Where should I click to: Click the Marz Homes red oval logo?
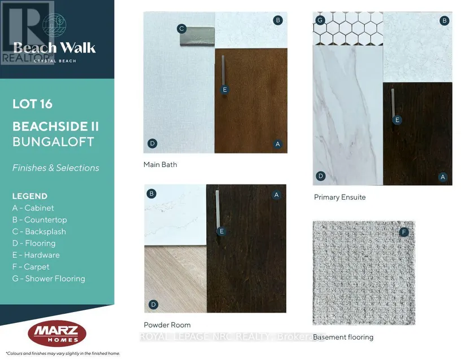click(57, 333)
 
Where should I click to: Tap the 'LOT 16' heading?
click(32, 104)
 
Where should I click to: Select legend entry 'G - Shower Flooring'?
click(49, 278)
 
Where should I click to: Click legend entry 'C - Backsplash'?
click(39, 231)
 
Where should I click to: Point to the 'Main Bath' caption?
click(160, 164)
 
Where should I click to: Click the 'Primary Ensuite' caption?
click(339, 197)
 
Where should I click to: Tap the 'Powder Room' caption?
click(167, 325)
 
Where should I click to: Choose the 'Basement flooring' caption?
click(343, 337)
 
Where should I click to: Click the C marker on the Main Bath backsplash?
click(181, 29)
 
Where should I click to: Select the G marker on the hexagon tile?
click(320, 20)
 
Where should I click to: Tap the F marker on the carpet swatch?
click(404, 232)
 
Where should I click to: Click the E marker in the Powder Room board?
click(221, 231)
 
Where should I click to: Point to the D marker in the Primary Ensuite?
click(321, 176)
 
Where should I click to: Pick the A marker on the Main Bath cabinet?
click(277, 144)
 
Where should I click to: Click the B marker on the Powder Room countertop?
click(151, 194)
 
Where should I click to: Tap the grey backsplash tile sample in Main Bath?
click(197, 36)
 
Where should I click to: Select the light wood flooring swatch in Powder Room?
click(175, 279)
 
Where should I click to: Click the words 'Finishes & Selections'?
click(55, 168)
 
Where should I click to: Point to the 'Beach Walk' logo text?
click(54, 48)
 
